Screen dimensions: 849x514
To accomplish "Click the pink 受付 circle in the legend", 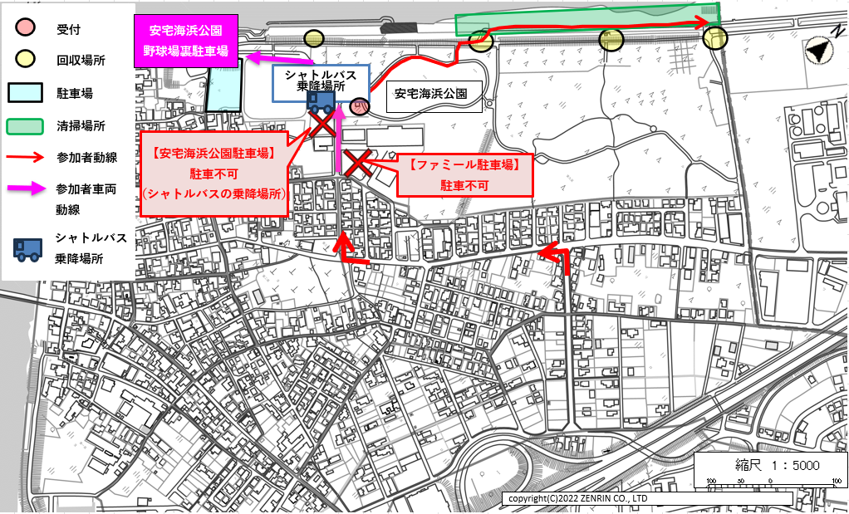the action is [27, 31].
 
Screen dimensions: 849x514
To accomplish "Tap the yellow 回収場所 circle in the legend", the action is [27, 61].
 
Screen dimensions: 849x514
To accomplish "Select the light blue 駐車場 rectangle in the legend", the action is [27, 92].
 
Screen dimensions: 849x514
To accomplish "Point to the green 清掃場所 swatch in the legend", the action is [27, 126].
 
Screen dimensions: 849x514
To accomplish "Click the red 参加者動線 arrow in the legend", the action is [27, 156].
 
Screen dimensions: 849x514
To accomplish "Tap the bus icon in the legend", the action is [27, 247].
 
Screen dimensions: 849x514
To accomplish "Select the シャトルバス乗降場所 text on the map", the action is [321, 80].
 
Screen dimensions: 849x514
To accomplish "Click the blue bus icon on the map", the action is [320, 102].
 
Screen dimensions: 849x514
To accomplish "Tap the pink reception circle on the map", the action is [360, 106].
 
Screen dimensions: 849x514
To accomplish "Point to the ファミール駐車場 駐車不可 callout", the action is [464, 175].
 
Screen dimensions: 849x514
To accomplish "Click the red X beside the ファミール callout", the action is [358, 163].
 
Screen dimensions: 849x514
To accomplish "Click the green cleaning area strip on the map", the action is [586, 20].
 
